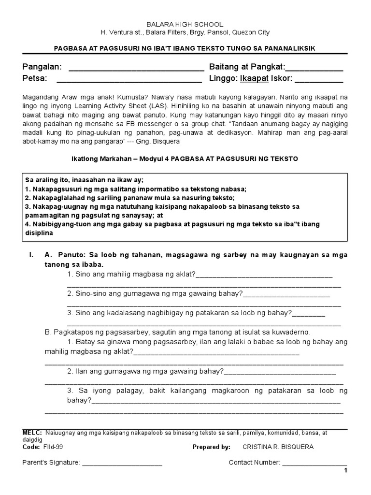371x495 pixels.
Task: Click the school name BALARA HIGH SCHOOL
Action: point(185,24)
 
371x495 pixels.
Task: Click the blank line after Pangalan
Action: point(137,68)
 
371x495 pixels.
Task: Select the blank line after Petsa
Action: point(129,79)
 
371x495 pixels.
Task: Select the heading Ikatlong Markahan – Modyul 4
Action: point(120,159)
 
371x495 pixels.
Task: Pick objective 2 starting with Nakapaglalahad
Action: point(129,198)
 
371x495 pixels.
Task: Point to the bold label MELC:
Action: point(32,433)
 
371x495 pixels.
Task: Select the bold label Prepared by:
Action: point(211,447)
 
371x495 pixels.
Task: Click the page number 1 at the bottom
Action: point(345,471)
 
